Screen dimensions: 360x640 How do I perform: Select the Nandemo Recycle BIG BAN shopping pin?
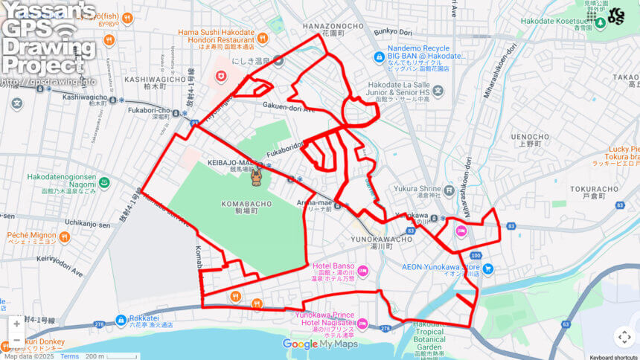tap(380, 56)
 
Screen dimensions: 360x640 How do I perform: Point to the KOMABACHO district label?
tap(243, 203)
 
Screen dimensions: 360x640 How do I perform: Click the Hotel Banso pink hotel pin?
tap(363, 270)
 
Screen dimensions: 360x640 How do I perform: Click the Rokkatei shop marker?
tap(121, 320)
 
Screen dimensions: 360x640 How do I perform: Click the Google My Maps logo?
tap(321, 344)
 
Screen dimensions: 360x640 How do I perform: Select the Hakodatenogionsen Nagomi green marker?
tap(104, 181)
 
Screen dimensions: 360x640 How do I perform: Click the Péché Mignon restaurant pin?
tap(64, 237)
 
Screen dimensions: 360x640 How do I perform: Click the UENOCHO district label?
tap(530, 137)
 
